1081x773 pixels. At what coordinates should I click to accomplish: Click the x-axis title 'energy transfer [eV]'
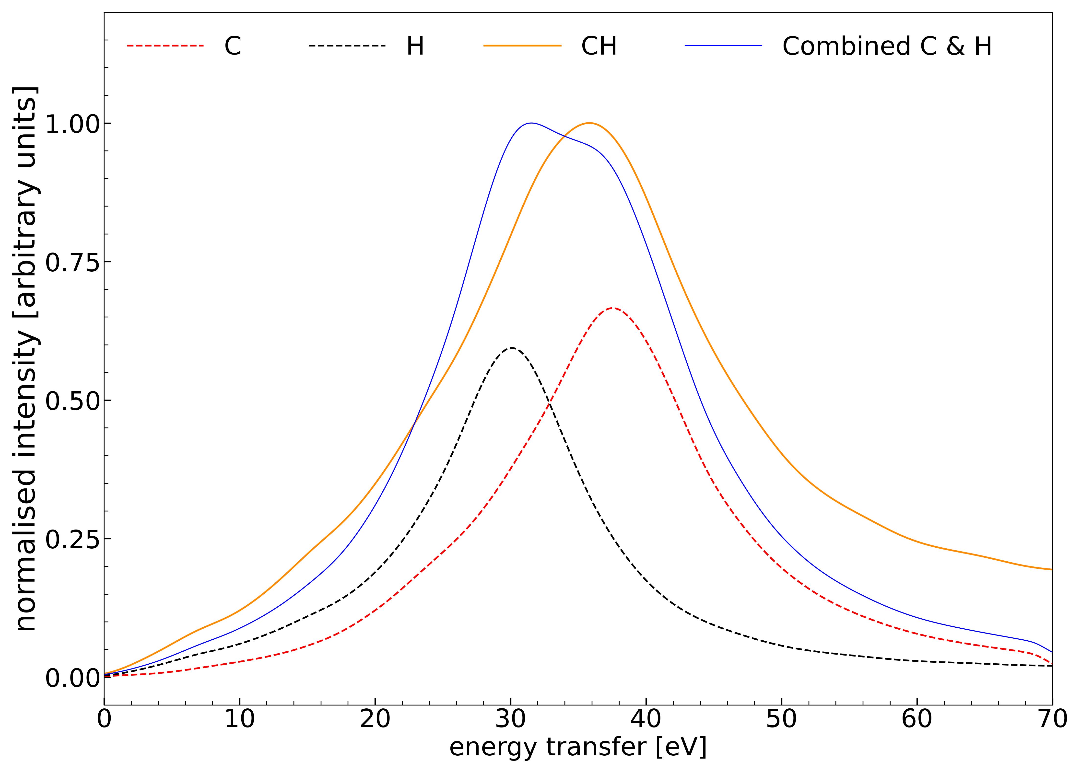(x=578, y=747)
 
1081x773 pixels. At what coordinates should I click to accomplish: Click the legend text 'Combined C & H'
(x=887, y=46)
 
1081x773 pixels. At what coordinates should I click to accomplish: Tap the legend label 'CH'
(x=599, y=46)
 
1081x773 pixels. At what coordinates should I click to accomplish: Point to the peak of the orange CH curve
(x=589, y=123)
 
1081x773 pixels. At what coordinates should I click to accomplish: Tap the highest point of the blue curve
(x=531, y=123)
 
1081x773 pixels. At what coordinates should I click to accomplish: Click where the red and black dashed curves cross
(x=549, y=404)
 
